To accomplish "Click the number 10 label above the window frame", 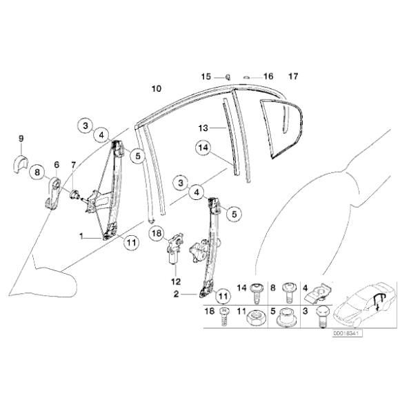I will tap(157, 88).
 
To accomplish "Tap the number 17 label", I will tap(293, 75).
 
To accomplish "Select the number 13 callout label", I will tap(203, 128).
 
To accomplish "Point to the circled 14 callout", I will tap(203, 147).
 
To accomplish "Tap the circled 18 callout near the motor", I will tap(157, 234).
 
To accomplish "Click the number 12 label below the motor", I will tap(174, 281).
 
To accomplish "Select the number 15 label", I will tap(205, 76).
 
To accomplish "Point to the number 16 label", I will tap(268, 76).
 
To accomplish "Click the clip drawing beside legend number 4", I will tap(318, 294).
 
